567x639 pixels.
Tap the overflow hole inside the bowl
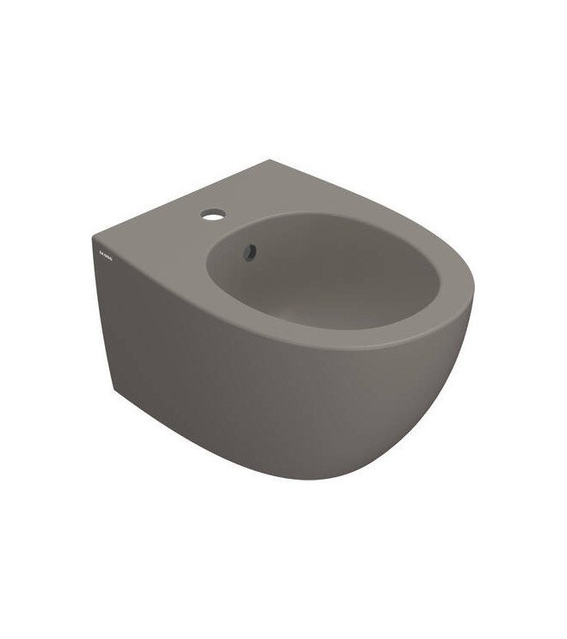pyautogui.click(x=251, y=251)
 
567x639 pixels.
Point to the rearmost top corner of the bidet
pyautogui.click(x=271, y=160)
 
